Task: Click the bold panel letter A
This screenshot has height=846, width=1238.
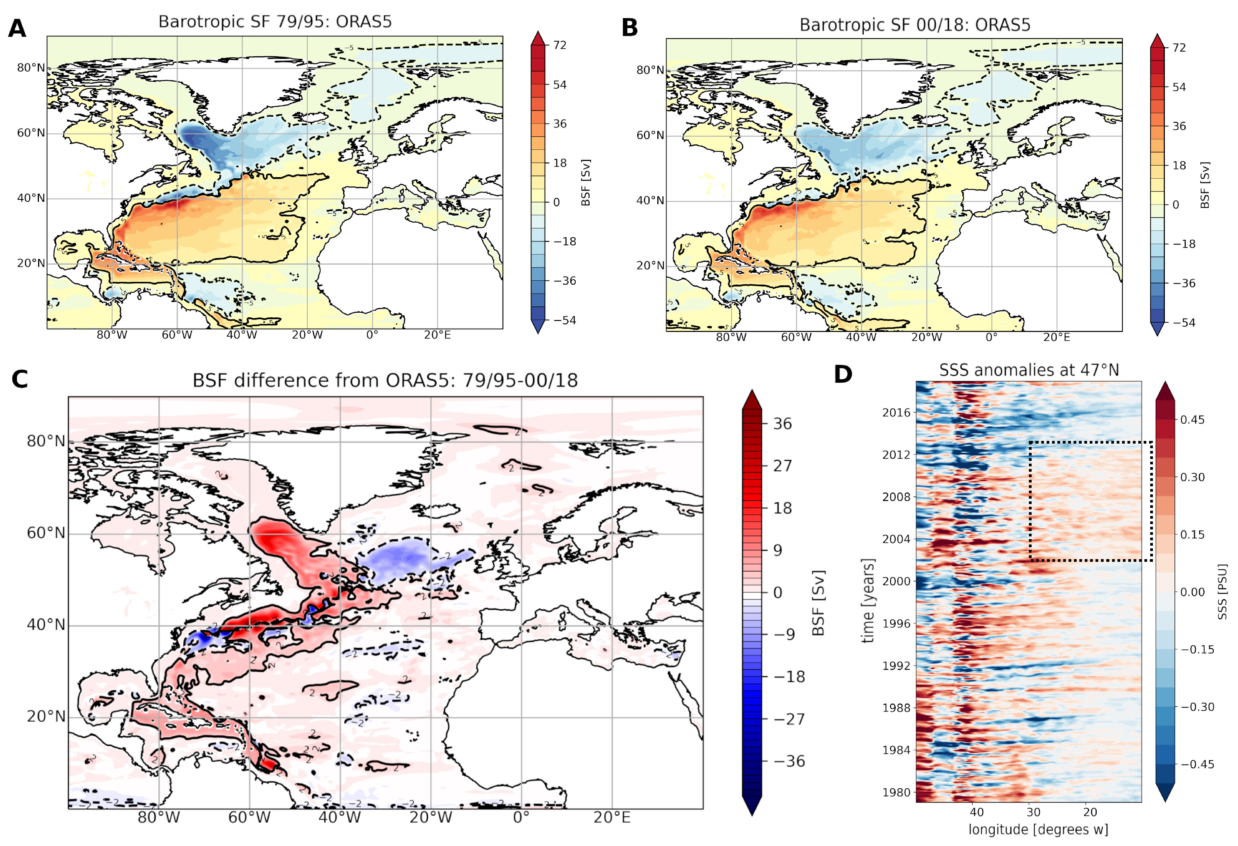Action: [17, 28]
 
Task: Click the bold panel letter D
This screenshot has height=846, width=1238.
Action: [843, 375]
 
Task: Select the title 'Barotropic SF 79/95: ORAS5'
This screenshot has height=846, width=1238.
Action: [275, 22]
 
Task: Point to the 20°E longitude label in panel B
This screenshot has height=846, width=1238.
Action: [1056, 337]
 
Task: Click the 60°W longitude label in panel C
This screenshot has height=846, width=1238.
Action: [249, 817]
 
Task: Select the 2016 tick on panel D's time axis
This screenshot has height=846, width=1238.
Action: [896, 412]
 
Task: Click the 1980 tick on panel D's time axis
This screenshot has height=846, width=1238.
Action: [896, 792]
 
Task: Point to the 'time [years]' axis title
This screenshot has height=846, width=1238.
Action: [868, 601]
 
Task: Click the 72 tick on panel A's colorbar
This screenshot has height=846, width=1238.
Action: [560, 45]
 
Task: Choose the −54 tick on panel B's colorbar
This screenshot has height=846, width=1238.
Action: [1184, 322]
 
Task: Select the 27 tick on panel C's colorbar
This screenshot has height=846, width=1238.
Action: [782, 466]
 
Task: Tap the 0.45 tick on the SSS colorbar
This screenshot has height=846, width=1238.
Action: [1192, 420]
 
